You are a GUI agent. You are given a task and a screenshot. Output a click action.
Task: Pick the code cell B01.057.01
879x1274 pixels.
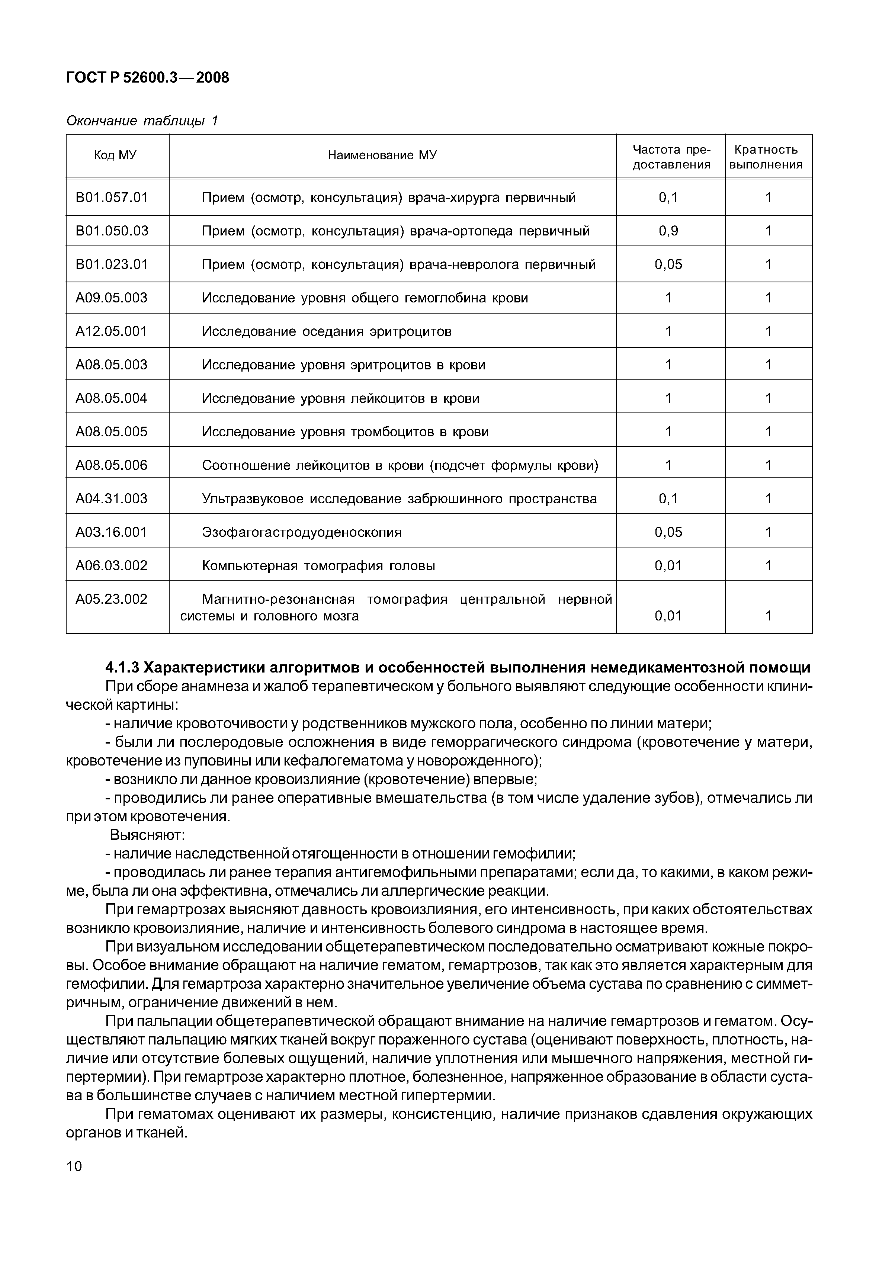tap(112, 198)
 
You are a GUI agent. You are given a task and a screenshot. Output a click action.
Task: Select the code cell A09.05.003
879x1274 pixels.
tap(112, 298)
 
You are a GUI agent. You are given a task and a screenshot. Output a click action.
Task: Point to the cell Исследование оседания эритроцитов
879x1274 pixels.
tap(327, 331)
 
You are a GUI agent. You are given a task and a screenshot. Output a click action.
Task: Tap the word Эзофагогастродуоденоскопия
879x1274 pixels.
tap(302, 532)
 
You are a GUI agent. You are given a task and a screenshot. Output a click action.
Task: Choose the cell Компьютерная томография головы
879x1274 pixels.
tap(318, 566)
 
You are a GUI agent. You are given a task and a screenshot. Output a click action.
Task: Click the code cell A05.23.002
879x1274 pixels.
tap(112, 600)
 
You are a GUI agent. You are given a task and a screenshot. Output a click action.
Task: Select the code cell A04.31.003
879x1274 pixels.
tap(112, 499)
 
